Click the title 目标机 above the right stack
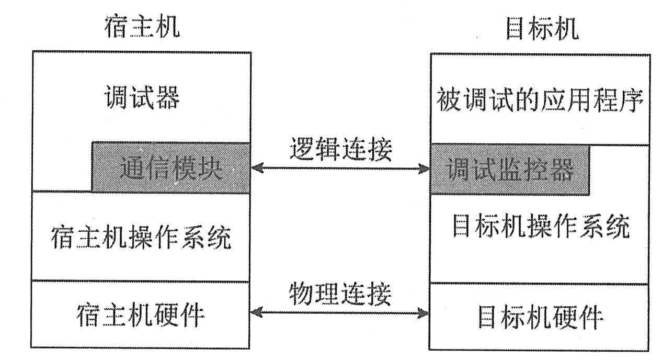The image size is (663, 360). click(x=542, y=29)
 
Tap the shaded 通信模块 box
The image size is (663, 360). click(x=171, y=168)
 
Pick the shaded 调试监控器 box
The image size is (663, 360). click(x=510, y=168)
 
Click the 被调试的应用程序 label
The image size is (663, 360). click(x=540, y=100)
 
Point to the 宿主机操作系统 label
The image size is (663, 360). click(x=141, y=239)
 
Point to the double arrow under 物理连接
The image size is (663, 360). click(x=340, y=313)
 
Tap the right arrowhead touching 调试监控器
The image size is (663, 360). click(x=425, y=168)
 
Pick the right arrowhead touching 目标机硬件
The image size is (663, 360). click(x=425, y=313)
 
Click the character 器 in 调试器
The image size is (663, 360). click(x=167, y=98)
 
